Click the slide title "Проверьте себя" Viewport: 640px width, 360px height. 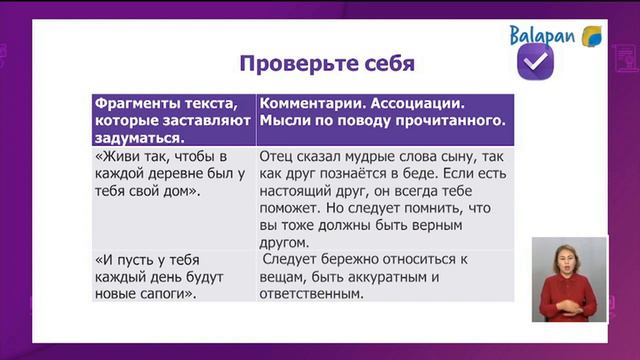click(x=326, y=65)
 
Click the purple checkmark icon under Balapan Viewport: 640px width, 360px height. click(x=535, y=64)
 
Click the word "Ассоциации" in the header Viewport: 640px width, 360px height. click(x=418, y=103)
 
